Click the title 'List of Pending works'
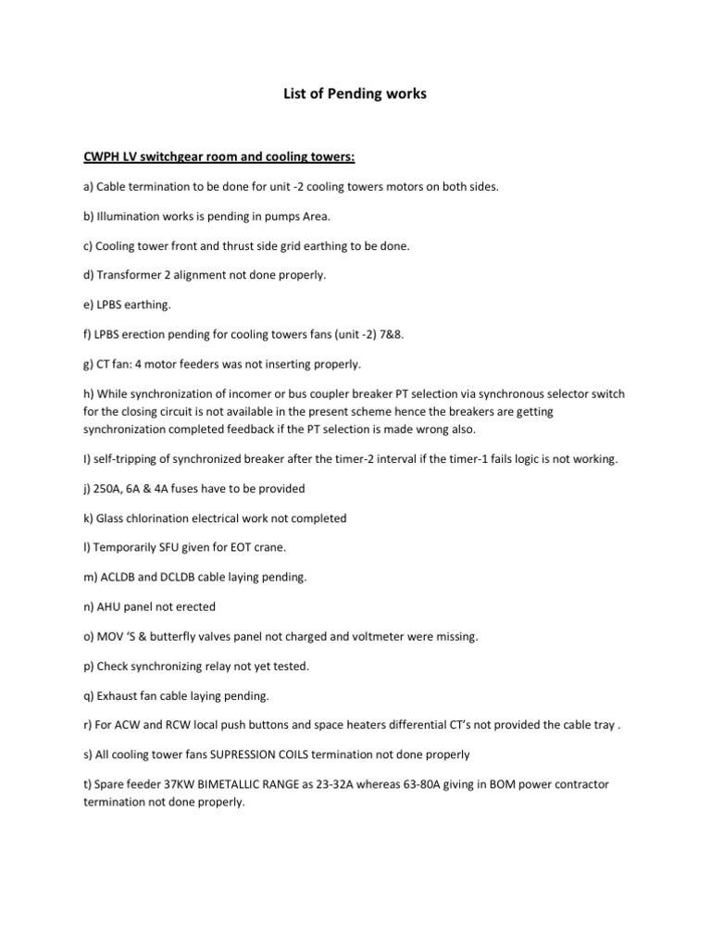[x=355, y=94]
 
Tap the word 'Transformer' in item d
[x=130, y=275]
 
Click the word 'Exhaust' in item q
[x=119, y=696]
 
